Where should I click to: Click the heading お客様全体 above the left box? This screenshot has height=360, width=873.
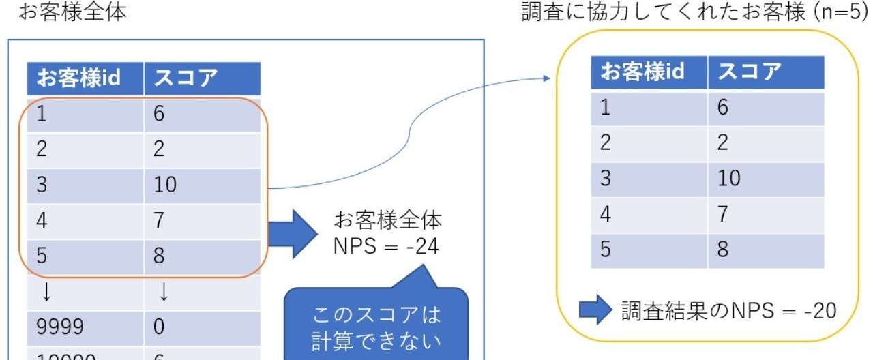72,12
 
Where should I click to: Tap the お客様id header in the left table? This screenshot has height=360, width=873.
78,78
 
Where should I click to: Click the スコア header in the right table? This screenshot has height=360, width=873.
750,72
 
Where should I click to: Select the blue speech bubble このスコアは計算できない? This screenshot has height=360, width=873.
376,324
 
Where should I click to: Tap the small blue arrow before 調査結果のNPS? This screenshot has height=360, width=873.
596,310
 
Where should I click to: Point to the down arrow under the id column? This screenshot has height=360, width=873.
46,292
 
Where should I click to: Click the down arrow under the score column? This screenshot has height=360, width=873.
164,292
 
